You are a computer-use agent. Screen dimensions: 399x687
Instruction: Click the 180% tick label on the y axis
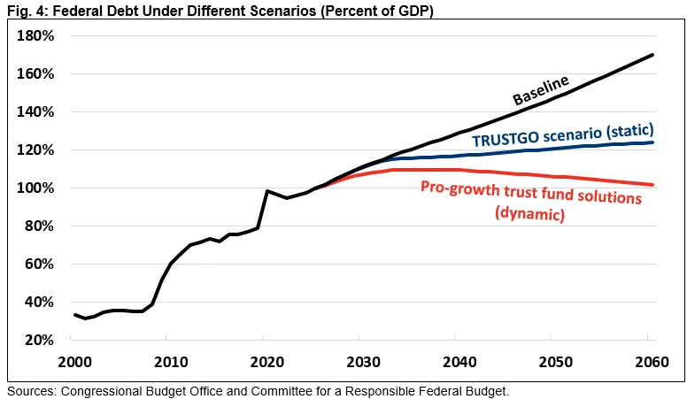(36, 36)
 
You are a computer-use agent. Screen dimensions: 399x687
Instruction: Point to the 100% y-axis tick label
(36, 188)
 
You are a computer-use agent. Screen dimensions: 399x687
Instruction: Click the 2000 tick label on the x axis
(74, 363)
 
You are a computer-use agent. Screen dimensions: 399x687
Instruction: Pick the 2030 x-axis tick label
(361, 363)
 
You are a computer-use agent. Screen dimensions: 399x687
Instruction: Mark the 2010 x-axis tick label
(170, 363)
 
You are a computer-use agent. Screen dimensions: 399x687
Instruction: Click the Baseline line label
(541, 89)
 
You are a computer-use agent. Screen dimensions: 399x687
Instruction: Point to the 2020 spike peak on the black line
(266, 191)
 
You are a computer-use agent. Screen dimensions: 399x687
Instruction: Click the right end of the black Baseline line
(653, 55)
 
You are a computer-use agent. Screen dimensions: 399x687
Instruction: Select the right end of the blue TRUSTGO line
(653, 142)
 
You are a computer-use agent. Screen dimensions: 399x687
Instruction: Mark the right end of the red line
(653, 185)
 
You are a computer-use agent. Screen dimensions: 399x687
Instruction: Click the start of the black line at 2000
(74, 315)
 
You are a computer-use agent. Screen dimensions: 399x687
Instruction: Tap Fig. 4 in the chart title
(21, 10)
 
